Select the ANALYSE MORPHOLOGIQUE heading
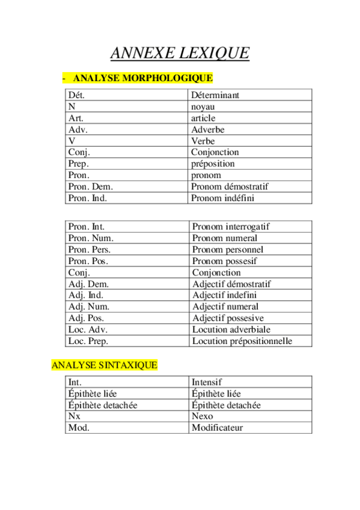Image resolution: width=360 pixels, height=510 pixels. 142,78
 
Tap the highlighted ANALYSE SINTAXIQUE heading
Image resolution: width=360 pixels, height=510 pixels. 104,365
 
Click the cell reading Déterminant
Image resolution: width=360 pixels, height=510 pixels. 215,95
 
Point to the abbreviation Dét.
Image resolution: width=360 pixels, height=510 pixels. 77,95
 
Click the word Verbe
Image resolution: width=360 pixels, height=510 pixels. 203,141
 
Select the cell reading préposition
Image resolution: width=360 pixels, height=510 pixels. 213,164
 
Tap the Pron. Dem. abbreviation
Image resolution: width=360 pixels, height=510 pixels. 91,186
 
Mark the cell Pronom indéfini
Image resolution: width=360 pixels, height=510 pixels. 222,198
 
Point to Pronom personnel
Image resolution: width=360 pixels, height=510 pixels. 228,250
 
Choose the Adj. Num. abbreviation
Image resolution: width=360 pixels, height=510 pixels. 89,307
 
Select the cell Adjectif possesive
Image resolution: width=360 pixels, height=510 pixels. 228,318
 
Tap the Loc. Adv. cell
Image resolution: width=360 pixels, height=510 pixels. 88,330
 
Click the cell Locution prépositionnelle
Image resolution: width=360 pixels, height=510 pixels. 242,341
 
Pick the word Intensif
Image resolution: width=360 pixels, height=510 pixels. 207,382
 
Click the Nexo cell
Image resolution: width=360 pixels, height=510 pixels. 202,416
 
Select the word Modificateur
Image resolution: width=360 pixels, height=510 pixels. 217,428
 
